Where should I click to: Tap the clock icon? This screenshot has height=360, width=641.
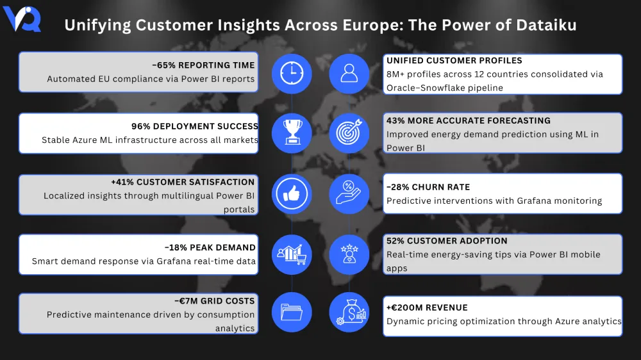tap(292, 72)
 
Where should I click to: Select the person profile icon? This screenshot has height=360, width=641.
tap(349, 72)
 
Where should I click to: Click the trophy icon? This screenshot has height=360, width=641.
tap(292, 133)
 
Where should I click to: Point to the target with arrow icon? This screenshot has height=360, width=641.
tap(349, 133)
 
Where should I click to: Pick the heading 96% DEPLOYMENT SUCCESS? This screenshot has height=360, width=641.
tap(195, 126)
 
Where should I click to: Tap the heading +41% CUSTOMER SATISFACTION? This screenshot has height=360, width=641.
tap(183, 182)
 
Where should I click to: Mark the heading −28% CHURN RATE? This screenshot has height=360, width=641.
tap(428, 187)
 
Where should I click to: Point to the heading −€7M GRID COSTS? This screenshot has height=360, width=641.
tap(214, 300)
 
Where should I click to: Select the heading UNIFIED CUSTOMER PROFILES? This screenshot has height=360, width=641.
tap(454, 60)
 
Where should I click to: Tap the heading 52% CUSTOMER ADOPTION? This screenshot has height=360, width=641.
tap(447, 241)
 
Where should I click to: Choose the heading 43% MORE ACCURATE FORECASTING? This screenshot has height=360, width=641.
tap(469, 120)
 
